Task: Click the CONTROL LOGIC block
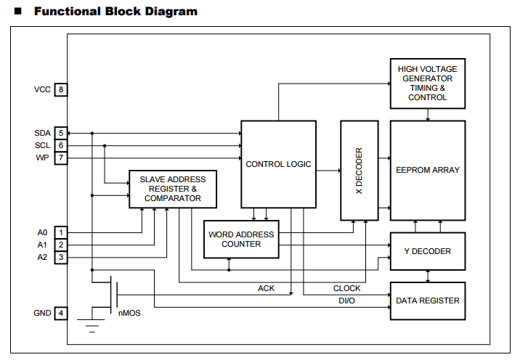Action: tap(278, 164)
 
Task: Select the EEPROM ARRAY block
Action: tap(427, 170)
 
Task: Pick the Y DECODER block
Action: tap(427, 251)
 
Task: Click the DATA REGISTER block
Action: tap(427, 300)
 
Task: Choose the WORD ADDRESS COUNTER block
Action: tap(241, 240)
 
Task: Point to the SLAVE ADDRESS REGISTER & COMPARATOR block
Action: tap(173, 189)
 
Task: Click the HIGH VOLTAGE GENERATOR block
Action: tap(427, 83)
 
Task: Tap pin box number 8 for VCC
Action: tap(61, 90)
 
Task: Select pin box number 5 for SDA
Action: tap(61, 134)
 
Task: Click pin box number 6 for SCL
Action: tap(61, 145)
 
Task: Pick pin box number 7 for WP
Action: tap(61, 157)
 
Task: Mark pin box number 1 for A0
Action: tap(61, 233)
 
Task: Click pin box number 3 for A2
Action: tap(61, 257)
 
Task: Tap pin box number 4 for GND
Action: tap(61, 314)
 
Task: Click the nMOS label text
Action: tap(130, 314)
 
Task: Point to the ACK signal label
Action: tap(267, 288)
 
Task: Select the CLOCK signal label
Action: tap(346, 288)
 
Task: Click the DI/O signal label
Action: tap(346, 300)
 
